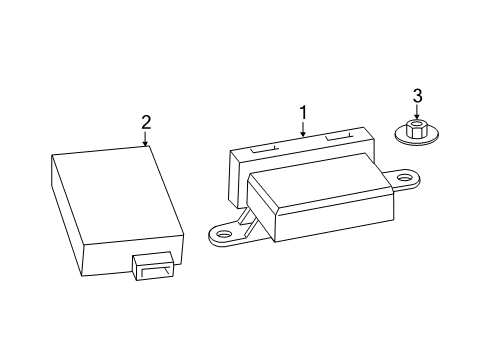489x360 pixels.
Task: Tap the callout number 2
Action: coord(146,122)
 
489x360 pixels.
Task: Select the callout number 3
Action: coord(418,96)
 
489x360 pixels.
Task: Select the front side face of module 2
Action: coord(134,256)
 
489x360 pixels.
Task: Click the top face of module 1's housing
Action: coord(312,178)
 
